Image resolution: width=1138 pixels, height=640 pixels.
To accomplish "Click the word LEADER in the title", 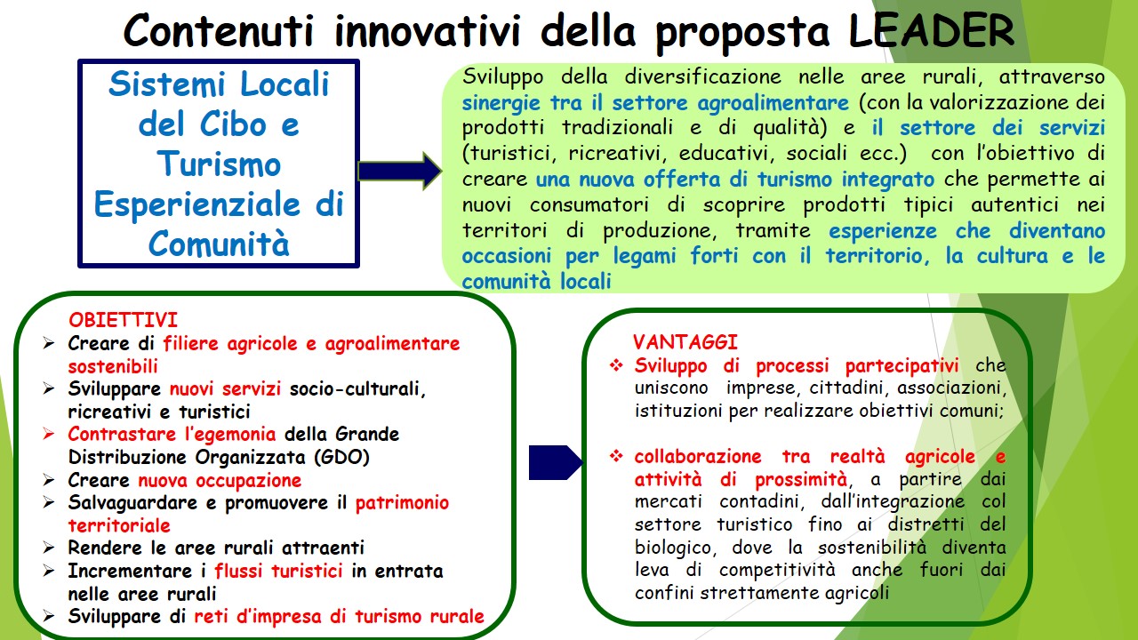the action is tap(931, 30).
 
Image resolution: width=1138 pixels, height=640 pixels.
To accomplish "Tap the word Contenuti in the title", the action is tap(219, 30).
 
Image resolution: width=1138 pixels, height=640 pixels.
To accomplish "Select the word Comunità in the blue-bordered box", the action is tap(219, 243).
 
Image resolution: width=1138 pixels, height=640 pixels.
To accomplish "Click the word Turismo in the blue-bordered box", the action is tap(219, 164).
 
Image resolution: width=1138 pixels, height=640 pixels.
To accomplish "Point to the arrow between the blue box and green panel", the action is tap(400, 172).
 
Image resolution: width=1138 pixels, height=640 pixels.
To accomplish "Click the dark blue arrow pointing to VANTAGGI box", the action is tap(556, 462).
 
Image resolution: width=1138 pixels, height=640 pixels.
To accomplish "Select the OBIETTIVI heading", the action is tap(124, 320).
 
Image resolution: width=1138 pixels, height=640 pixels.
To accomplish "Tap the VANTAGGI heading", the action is tap(685, 342).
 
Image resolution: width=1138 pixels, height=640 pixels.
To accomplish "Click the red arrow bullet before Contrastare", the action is tap(49, 435).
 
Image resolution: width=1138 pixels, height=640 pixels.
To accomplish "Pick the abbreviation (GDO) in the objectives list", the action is tap(342, 457).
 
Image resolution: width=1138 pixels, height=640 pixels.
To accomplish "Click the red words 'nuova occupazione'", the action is tap(220, 480).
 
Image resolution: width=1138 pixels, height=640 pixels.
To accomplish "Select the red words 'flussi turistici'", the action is tap(278, 571).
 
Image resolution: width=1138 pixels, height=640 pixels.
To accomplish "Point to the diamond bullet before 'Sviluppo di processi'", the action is tap(616, 365).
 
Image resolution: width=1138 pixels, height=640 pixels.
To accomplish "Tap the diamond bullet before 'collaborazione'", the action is tap(616, 456).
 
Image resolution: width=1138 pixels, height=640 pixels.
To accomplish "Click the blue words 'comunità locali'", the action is tap(536, 281).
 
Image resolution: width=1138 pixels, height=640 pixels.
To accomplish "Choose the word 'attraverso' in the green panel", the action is tap(1052, 77).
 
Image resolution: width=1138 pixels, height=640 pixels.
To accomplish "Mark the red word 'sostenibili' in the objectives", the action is tap(113, 366).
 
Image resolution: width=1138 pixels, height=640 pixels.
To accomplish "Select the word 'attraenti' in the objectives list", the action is tap(323, 548).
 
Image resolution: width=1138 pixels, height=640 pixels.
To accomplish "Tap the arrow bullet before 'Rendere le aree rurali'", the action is tap(49, 548).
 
